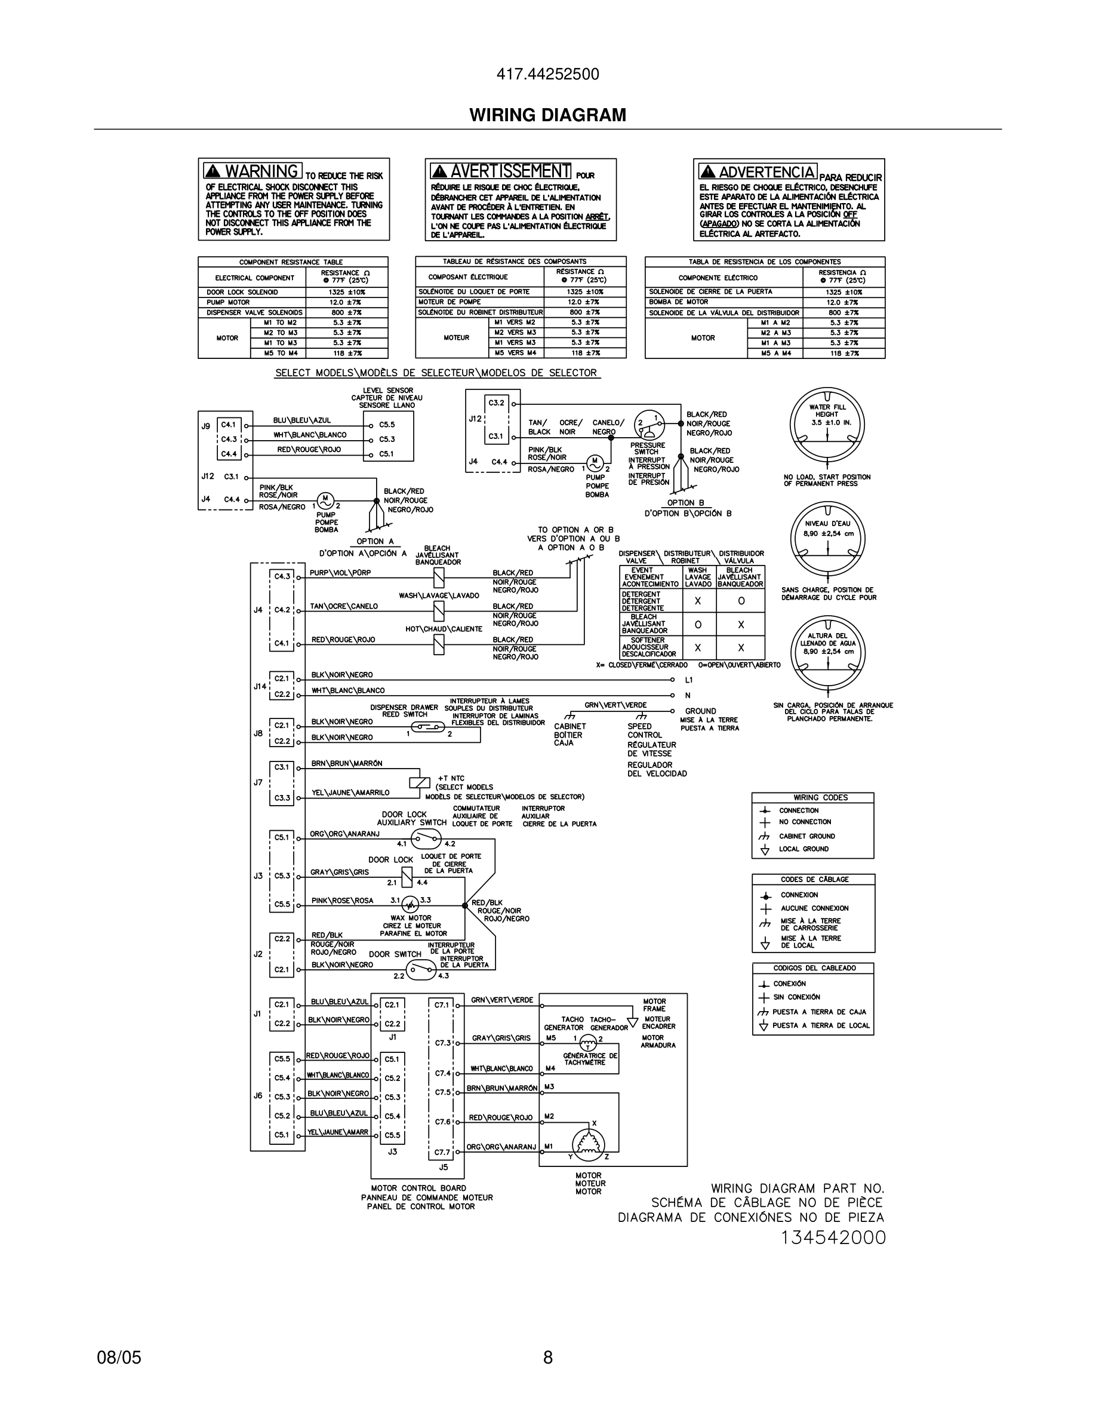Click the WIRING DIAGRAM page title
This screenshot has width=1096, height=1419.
pyautogui.click(x=547, y=115)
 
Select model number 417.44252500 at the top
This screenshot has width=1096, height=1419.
pyautogui.click(x=547, y=75)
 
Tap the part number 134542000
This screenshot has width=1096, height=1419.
pyautogui.click(x=832, y=1237)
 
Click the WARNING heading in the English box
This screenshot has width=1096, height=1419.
pyautogui.click(x=261, y=171)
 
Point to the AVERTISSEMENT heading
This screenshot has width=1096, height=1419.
pyautogui.click(x=510, y=171)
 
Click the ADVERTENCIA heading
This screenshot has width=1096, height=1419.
pyautogui.click(x=766, y=172)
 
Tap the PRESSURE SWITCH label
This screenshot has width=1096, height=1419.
pyautogui.click(x=646, y=449)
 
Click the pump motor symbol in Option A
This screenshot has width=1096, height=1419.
pyautogui.click(x=325, y=501)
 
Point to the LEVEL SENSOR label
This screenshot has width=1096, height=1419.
pyautogui.click(x=387, y=391)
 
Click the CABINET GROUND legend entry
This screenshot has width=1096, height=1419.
pyautogui.click(x=806, y=836)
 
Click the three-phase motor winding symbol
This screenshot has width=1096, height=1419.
pyautogui.click(x=588, y=1142)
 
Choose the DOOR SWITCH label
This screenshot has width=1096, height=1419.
pyautogui.click(x=395, y=954)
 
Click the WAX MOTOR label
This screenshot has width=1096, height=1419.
pyautogui.click(x=410, y=918)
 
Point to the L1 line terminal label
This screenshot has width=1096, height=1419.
pyautogui.click(x=689, y=680)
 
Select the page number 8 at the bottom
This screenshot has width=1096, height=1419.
pyautogui.click(x=547, y=1357)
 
